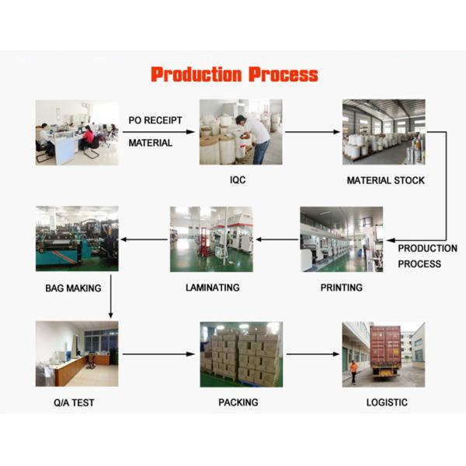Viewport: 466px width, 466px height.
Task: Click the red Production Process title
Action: tap(234, 75)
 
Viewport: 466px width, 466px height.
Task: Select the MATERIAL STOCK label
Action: tap(385, 180)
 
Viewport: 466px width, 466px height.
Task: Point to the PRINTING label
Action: tap(341, 287)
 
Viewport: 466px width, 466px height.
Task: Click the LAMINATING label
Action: tap(212, 287)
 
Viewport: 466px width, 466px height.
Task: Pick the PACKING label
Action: tap(238, 402)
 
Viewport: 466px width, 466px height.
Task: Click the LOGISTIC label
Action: tap(387, 402)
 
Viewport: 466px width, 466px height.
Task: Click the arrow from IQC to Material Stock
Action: tap(312, 132)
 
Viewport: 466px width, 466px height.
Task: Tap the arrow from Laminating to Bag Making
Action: tap(144, 239)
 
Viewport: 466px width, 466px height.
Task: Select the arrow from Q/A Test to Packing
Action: tap(158, 354)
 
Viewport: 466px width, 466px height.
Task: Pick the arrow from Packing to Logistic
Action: tap(313, 354)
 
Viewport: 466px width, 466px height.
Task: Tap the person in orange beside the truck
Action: tap(354, 371)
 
